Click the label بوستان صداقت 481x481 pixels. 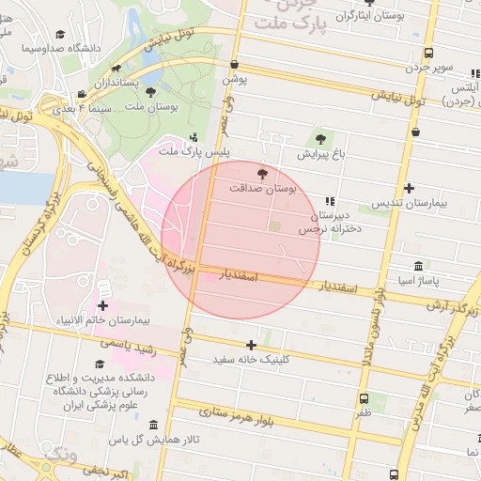pos(262,188)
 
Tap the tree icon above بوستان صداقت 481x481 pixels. pos(262,172)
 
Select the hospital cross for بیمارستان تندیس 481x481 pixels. pos(409,188)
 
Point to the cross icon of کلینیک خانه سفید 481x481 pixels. pos(251,345)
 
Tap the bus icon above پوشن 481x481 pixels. pos(234,64)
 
